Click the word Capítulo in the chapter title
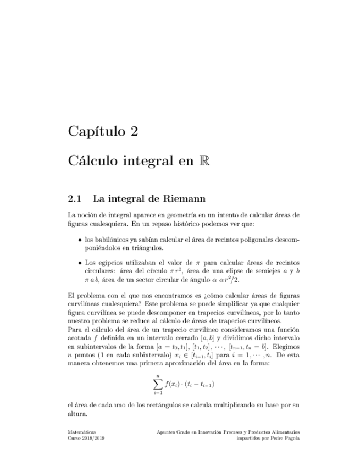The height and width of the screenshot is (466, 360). pyautogui.click(x=95, y=132)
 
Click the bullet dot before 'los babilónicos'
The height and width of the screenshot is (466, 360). pyautogui.click(x=80, y=240)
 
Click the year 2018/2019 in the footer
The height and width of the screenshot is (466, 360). pyautogui.click(x=92, y=439)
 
